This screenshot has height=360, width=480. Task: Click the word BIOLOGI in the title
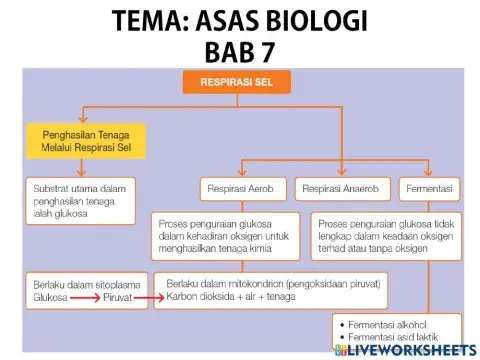[x=329, y=20]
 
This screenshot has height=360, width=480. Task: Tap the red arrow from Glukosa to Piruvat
[x=87, y=297]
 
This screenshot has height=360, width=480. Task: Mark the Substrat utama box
[x=84, y=194]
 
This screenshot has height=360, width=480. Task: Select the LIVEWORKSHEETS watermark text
[x=410, y=349]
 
